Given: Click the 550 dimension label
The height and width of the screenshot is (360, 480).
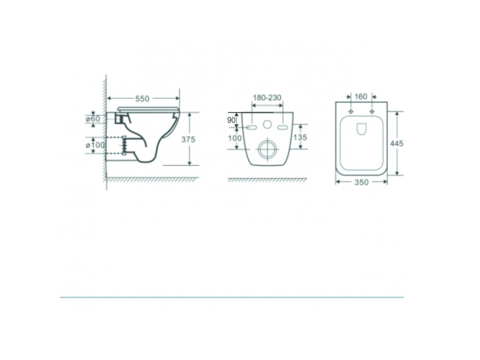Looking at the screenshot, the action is click(142, 98).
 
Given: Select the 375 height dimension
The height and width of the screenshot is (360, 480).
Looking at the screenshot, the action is click(188, 139).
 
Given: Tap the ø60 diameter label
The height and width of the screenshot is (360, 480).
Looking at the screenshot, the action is click(93, 119).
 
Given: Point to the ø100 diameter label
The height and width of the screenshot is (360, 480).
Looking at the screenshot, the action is click(95, 145).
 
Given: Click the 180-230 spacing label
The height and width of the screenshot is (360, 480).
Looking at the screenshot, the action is click(267, 97).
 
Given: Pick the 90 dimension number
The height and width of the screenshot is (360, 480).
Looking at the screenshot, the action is click(231, 120).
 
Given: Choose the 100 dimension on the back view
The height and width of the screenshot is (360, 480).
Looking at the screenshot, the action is click(234, 138).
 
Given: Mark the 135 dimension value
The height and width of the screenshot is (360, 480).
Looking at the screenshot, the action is click(300, 137).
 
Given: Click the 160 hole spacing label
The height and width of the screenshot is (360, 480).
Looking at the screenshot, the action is click(360, 97).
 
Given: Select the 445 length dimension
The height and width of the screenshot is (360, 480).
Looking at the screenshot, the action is click(397, 143).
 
